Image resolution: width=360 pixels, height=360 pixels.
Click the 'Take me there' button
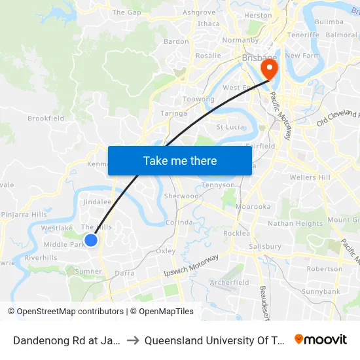pyautogui.click(x=180, y=160)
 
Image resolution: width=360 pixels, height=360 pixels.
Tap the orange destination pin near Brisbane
pyautogui.click(x=268, y=67)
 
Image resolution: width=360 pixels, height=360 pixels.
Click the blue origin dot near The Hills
pyautogui.click(x=91, y=240)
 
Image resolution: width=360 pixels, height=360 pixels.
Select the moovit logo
pyautogui.click(x=320, y=340)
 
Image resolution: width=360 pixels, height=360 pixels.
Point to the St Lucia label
pyautogui.click(x=230, y=126)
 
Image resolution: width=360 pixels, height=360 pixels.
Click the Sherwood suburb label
pyautogui.click(x=181, y=196)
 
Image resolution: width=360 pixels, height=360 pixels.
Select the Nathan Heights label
pyautogui.click(x=295, y=223)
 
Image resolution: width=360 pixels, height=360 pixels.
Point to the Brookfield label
pyautogui.click(x=46, y=118)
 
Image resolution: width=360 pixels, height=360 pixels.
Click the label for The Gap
pyautogui.click(x=126, y=12)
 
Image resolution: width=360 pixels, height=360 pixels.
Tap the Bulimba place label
pyautogui.click(x=329, y=22)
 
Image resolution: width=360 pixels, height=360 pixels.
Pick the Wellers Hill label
pyautogui.click(x=310, y=177)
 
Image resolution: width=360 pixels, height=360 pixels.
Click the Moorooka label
pyautogui.click(x=253, y=207)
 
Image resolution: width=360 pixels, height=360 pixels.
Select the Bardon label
pyautogui.click(x=176, y=41)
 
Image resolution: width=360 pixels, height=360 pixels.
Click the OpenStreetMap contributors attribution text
pyautogui.click(x=65, y=312)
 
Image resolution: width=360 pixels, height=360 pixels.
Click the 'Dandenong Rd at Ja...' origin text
pyautogui.click(x=65, y=340)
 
